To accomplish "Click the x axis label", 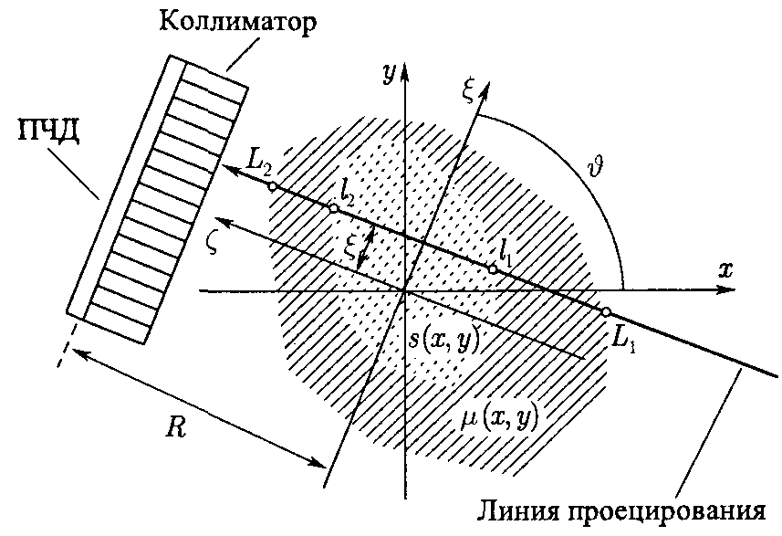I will [726, 270].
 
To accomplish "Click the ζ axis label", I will [214, 245].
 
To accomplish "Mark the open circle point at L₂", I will [272, 186].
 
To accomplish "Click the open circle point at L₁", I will [605, 312].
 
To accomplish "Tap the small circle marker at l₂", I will [333, 209].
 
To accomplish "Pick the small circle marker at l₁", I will [493, 268].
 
